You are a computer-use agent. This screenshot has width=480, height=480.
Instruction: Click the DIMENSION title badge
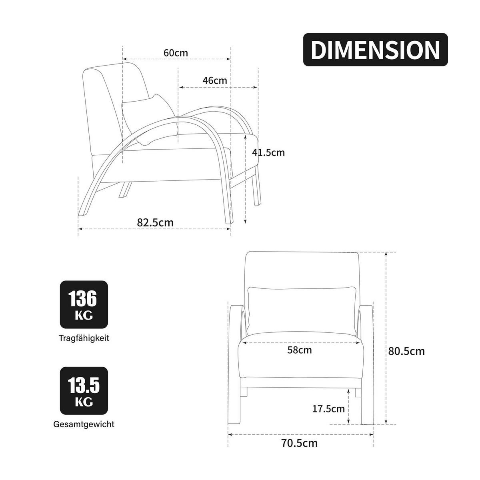coord(375,50)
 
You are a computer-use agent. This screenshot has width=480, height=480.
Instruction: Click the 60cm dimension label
coord(176,53)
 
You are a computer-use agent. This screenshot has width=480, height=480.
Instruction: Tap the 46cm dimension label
coord(215,80)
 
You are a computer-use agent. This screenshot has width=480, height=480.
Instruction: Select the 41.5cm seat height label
coord(268,152)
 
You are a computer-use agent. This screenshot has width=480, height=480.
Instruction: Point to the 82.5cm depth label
coord(155,222)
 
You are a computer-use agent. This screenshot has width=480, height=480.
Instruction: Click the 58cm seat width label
coord(300,350)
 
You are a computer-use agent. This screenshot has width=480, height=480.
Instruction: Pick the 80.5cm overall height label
coord(406,351)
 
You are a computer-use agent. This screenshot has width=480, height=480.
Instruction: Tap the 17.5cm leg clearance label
coord(328,409)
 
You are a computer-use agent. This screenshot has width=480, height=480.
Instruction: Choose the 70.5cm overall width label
coord(300,443)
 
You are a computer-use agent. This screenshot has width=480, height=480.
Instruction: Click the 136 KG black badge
coord(84,304)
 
